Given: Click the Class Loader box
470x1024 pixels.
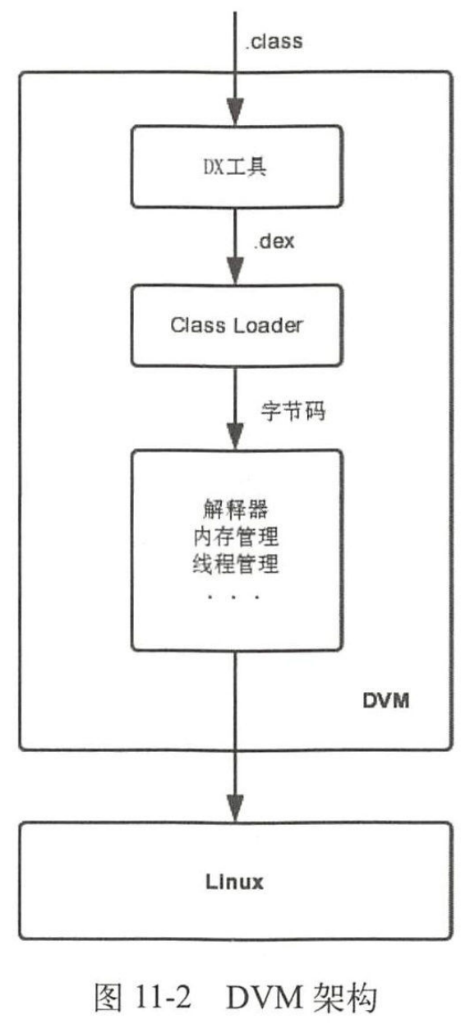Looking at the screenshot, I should (236, 325).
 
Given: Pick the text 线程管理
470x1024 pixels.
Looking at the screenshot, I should (235, 567).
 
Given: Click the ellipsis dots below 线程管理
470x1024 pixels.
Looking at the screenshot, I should (235, 596).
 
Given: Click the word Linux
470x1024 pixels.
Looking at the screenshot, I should (235, 883).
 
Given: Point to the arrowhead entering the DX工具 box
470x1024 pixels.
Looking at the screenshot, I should (236, 113).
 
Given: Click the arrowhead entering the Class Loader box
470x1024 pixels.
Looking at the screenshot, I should (236, 276).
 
